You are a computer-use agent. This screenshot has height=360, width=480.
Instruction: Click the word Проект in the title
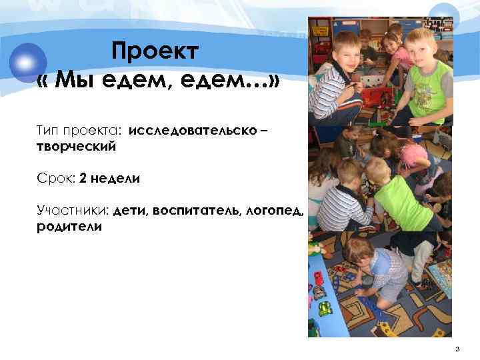click(155, 51)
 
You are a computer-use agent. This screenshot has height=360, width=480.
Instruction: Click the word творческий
click(77, 145)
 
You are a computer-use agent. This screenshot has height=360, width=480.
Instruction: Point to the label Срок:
click(56, 179)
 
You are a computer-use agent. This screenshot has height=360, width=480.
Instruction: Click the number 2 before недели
click(83, 179)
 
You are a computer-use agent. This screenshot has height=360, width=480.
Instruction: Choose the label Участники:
click(73, 211)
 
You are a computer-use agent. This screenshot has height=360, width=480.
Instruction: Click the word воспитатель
click(193, 211)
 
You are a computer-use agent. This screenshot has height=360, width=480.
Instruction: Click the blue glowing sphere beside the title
click(28, 62)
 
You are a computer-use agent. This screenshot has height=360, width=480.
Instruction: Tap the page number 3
click(457, 349)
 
